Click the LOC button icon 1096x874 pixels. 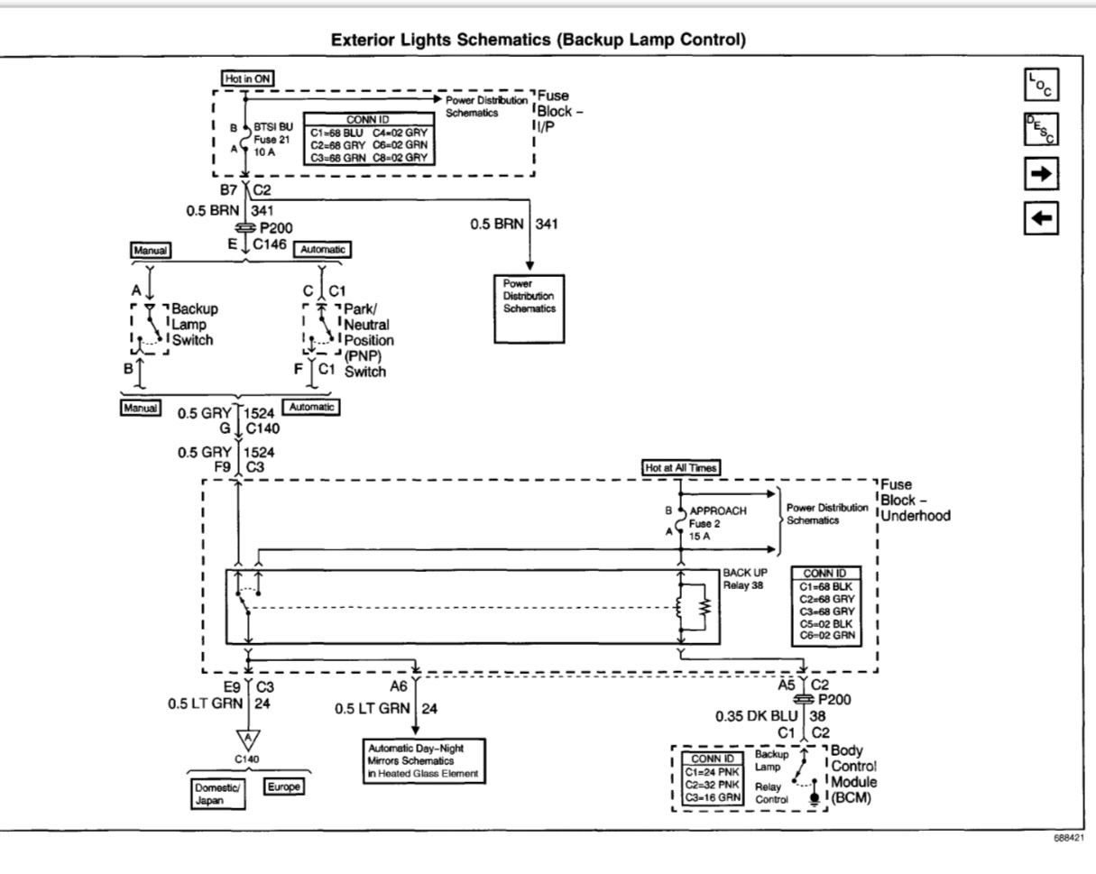pos(1041,84)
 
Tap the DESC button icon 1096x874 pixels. pos(1041,129)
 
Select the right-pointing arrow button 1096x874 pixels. pos(1041,174)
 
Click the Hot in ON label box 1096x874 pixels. pos(247,78)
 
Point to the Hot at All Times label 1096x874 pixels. pos(680,467)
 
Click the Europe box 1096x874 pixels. pos(283,787)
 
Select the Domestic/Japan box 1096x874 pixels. pos(217,794)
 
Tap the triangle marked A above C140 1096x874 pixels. pos(248,740)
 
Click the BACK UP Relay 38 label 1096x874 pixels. pos(744,578)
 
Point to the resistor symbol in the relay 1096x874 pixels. pos(705,607)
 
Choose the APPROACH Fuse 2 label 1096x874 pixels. pos(718,523)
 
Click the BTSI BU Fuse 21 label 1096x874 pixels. pos(273,139)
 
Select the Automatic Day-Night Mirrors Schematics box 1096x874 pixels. pos(424,761)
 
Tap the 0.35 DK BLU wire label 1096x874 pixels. pos(756,716)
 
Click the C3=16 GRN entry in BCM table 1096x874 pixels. pos(713,797)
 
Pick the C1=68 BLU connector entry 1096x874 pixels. pos(336,133)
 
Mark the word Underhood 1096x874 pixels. pos(916,515)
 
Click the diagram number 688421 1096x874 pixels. pos(1069,838)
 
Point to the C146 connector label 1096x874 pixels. pos(270,244)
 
